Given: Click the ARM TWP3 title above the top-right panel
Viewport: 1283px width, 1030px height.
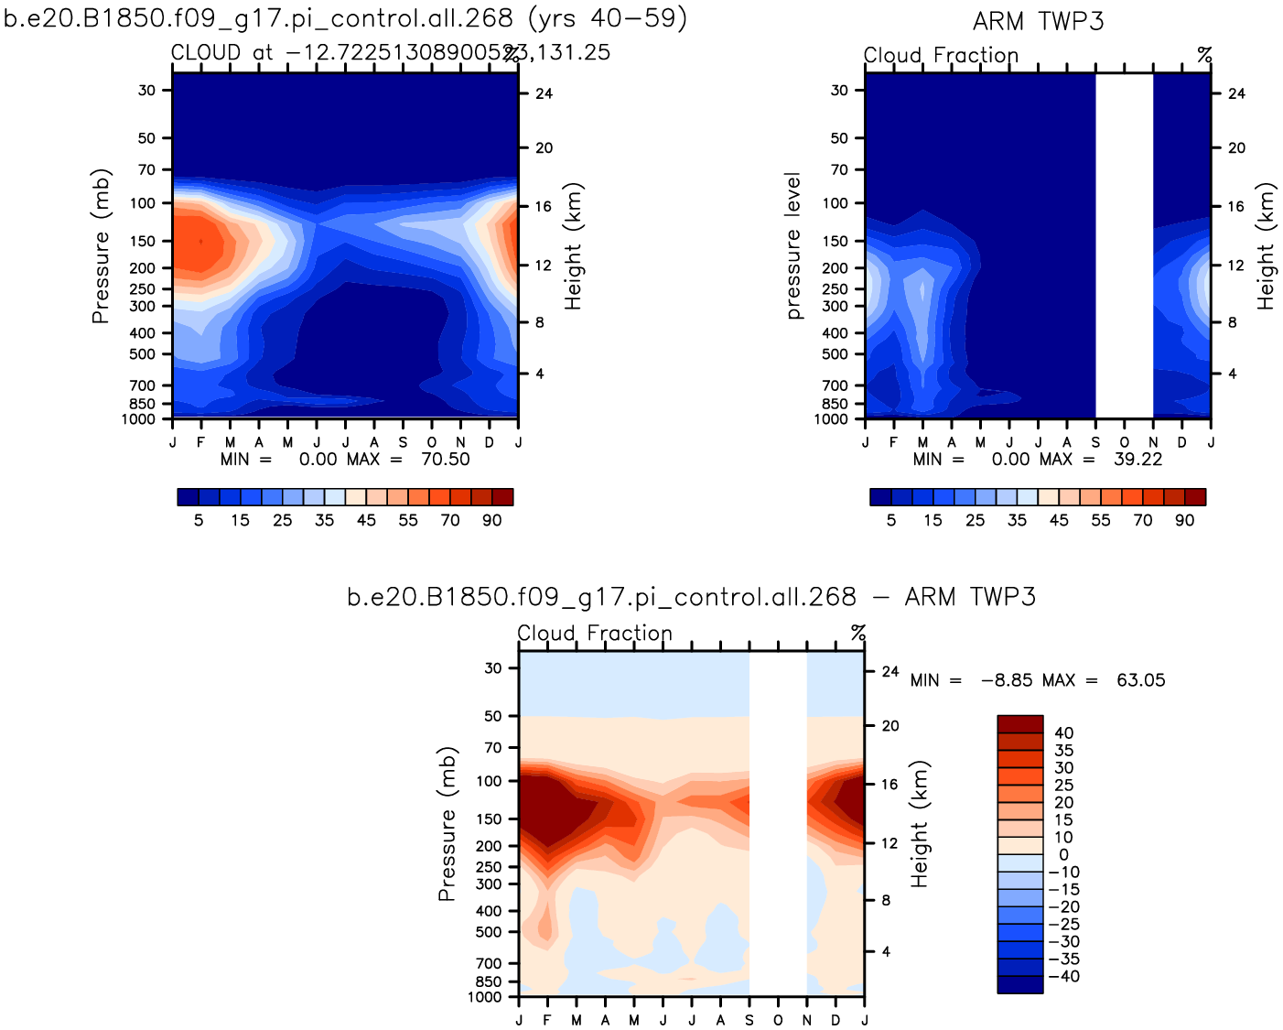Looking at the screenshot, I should (x=1038, y=22).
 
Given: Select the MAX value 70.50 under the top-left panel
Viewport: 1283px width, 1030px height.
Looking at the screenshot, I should (x=445, y=459).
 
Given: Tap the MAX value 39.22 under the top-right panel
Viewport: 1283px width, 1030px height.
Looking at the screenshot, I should (x=1137, y=459).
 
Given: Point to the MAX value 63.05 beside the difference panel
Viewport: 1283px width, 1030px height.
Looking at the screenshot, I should (x=1140, y=680).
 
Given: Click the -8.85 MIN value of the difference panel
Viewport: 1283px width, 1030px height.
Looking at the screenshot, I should (x=1007, y=680).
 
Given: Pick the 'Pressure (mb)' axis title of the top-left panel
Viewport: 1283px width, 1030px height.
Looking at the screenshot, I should (x=101, y=245).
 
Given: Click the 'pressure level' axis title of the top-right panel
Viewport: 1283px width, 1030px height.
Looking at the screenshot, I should (x=793, y=245).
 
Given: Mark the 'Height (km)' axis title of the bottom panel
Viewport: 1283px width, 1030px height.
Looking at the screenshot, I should (x=920, y=823).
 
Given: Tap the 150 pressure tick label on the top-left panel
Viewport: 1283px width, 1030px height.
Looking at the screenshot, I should (x=143, y=241).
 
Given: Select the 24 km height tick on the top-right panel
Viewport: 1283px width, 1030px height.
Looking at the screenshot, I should (x=1236, y=93).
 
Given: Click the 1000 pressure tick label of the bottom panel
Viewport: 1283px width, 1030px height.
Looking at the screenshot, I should (x=485, y=997).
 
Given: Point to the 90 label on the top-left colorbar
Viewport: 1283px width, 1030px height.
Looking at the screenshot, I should (x=492, y=520).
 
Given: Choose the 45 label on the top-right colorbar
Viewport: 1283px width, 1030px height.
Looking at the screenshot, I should (x=1059, y=520).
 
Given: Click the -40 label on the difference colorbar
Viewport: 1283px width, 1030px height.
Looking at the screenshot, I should (x=1063, y=976).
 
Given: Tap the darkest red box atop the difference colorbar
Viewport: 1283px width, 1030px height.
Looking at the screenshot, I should (x=1019, y=723).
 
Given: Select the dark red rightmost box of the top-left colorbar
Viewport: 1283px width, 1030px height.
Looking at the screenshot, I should (x=502, y=497).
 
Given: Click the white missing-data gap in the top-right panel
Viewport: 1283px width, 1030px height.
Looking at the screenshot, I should (x=1124, y=245).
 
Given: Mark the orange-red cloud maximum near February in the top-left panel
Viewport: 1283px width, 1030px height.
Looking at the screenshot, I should (x=199, y=242).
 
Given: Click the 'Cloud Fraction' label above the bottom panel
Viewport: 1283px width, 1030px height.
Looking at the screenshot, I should (x=595, y=633).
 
